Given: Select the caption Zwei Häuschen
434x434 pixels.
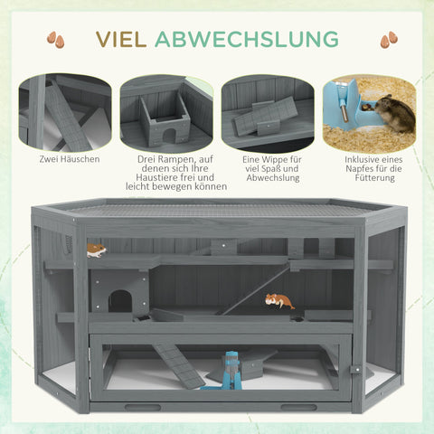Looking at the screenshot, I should [x=70, y=159].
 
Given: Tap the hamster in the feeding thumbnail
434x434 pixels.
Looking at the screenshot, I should [x=394, y=114].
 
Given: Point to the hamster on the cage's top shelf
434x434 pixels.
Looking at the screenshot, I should [x=96, y=250].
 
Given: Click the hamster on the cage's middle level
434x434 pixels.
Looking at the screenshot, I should [x=279, y=300].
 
